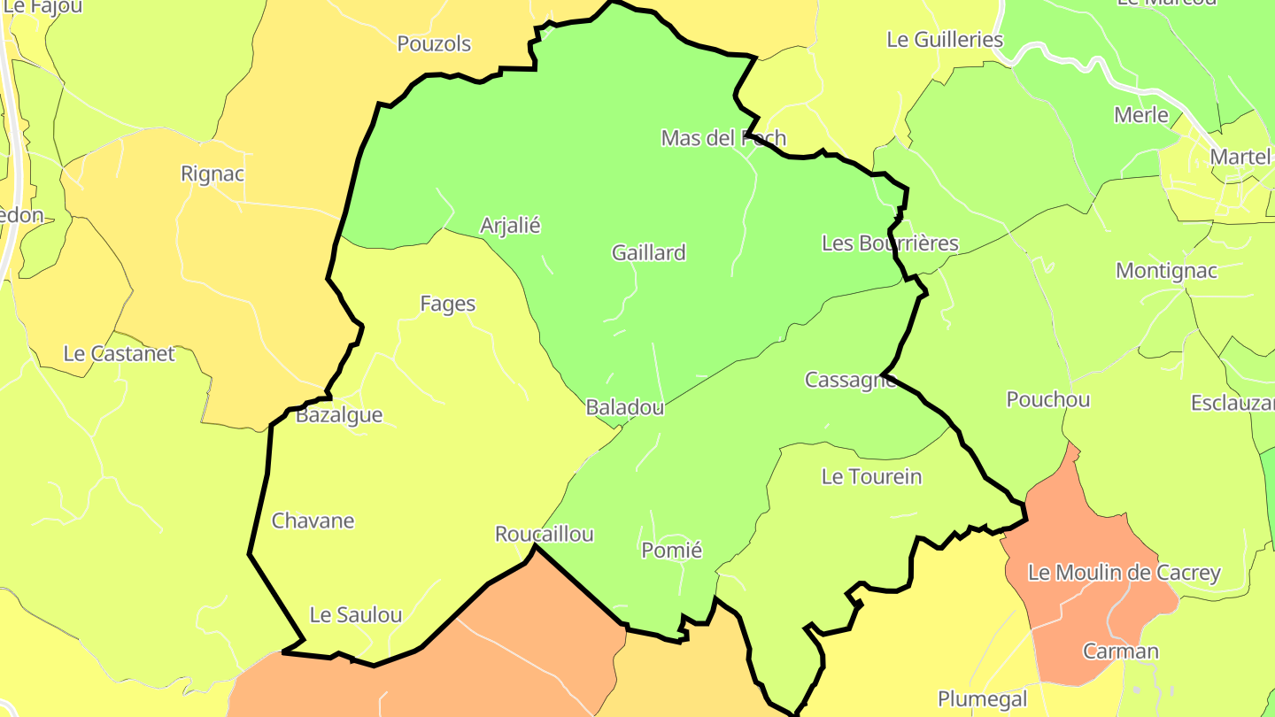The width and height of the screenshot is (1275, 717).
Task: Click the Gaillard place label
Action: coord(649,253)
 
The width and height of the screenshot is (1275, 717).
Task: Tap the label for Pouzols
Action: coord(434,44)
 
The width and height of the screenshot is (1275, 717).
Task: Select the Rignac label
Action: coord(212,173)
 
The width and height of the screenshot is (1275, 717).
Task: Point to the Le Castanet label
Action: coord(120,354)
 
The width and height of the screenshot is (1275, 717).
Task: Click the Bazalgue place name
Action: coord(339,415)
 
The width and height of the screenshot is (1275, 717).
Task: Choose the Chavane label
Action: coord(313,520)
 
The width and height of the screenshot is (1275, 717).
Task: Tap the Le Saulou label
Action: coord(356,615)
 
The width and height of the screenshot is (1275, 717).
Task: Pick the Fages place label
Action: coord(448,305)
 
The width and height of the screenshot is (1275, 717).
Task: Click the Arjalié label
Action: coord(510,226)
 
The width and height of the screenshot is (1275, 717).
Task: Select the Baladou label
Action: coord(625,408)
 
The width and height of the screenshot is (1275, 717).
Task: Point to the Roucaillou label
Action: coord(545,535)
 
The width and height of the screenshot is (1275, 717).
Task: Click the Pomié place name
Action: coord(671,551)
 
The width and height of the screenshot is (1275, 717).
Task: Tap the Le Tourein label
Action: coord(872,477)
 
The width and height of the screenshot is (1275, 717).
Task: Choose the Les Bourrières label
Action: coord(890,243)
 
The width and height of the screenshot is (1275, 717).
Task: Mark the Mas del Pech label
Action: coord(723,138)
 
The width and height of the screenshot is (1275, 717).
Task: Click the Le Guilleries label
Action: coord(945,40)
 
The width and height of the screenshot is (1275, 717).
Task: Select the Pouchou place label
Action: coord(1048,400)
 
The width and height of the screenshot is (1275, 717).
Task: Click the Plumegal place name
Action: coord(983,699)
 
